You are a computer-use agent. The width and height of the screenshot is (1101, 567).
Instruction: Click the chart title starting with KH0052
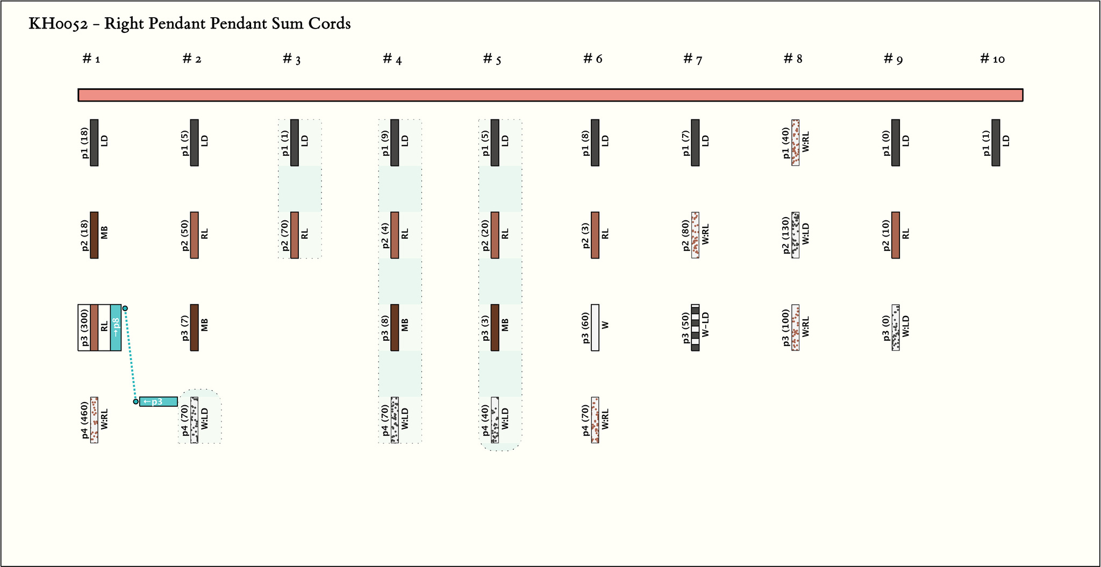[x=189, y=24]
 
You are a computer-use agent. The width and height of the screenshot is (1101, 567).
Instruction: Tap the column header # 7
[x=692, y=59]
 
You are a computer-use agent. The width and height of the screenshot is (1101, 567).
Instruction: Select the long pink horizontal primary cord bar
[x=550, y=95]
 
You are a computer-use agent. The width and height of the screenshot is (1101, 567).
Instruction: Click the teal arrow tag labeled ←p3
[x=158, y=401]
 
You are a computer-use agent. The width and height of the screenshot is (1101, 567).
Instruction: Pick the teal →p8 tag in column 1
[x=116, y=327]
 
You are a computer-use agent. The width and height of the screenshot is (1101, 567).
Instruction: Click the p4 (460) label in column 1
[x=85, y=420]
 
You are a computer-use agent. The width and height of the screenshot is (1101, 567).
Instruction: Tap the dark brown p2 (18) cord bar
[x=94, y=235]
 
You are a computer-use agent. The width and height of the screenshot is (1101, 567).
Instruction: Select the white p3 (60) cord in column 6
[x=595, y=327]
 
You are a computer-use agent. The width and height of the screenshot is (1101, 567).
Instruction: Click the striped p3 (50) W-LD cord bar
[x=695, y=327]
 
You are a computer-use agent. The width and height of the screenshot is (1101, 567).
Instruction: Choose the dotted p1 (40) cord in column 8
[x=795, y=142]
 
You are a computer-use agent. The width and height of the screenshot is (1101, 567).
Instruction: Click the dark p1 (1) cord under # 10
[x=996, y=142]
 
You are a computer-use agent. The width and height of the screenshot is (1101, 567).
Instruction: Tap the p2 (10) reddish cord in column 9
[x=896, y=235]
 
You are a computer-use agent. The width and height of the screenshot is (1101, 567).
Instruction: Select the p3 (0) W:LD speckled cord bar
[x=896, y=327]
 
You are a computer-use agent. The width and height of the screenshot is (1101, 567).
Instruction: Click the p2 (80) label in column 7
[x=686, y=235]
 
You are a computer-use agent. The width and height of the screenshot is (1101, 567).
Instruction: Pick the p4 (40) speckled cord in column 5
[x=495, y=420]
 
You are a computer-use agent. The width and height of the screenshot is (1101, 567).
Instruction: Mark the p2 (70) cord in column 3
[x=295, y=235]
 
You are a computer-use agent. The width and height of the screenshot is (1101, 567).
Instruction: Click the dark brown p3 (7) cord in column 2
[x=195, y=327]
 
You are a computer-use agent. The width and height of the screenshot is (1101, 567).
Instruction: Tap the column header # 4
[x=392, y=59]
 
